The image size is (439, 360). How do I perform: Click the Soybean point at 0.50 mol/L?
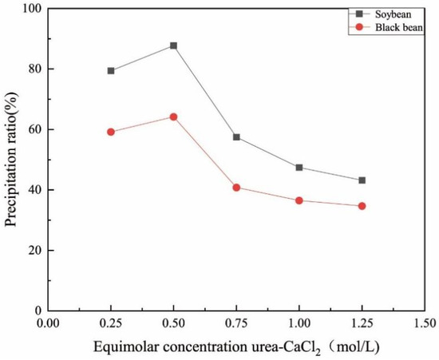point(173,45)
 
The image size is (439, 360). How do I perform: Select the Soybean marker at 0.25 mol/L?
point(111,71)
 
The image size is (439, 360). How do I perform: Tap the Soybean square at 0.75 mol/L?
point(236,137)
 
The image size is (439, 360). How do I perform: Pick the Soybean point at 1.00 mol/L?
point(299,168)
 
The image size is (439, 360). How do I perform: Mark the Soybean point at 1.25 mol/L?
point(362,180)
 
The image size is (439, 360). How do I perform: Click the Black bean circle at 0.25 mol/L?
point(111,132)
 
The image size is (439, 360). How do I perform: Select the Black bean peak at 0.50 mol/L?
point(173,117)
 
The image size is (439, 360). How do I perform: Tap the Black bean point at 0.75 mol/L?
point(236,188)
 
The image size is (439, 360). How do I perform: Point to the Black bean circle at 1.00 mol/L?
point(299,200)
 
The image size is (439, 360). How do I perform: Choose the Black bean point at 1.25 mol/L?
point(362,206)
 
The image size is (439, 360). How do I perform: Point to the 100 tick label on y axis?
point(31,9)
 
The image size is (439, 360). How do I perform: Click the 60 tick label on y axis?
point(34,129)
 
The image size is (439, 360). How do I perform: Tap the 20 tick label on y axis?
point(34,251)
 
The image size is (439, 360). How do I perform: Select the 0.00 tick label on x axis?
point(49,324)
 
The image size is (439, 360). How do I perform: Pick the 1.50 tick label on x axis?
point(425,324)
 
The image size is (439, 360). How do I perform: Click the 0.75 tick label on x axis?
point(236,324)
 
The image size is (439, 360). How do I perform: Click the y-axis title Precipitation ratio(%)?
point(12,160)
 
